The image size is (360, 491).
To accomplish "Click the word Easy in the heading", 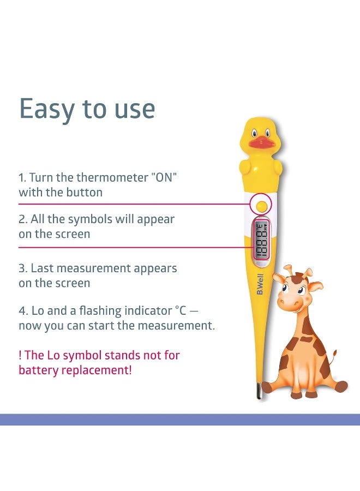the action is pyautogui.click(x=47, y=109).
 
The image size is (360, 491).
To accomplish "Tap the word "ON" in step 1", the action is pyautogui.click(x=164, y=177).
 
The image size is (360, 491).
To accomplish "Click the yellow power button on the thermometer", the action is pyautogui.click(x=261, y=206).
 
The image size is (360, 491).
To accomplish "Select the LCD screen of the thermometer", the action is pyautogui.click(x=261, y=240).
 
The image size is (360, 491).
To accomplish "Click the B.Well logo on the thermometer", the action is pyautogui.click(x=260, y=284).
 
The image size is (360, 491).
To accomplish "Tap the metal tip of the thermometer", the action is pyautogui.click(x=259, y=391).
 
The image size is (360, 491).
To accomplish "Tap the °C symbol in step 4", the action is pyautogui.click(x=181, y=310).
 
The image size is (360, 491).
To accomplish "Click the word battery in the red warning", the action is pyautogui.click(x=39, y=370).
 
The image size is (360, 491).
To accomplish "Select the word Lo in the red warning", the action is pyautogui.click(x=52, y=355).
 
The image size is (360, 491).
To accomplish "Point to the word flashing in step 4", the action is pyautogui.click(x=100, y=311).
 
